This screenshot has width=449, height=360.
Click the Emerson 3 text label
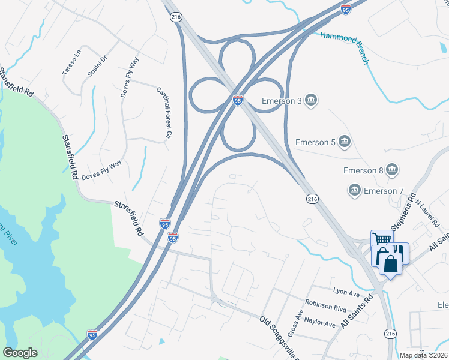(x=282, y=101)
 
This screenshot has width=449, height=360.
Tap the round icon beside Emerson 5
(x=345, y=142)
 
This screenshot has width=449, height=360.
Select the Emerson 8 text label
(x=363, y=170)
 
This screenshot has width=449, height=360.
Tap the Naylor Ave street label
(x=320, y=322)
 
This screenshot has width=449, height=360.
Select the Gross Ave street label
(x=295, y=323)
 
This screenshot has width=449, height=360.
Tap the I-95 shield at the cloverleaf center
(x=238, y=100)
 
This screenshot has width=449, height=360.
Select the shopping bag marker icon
(x=390, y=263)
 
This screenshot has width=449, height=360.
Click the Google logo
(x=20, y=353)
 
